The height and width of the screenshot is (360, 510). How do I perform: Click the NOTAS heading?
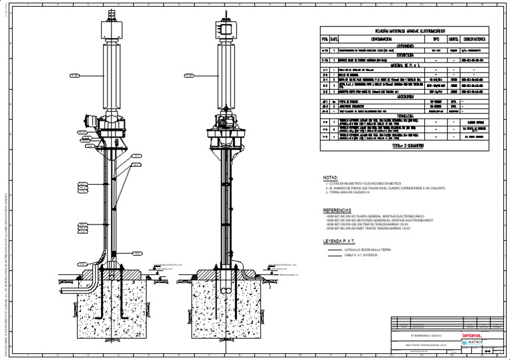tap(330, 178)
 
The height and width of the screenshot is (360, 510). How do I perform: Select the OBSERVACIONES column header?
tap(477, 39)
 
